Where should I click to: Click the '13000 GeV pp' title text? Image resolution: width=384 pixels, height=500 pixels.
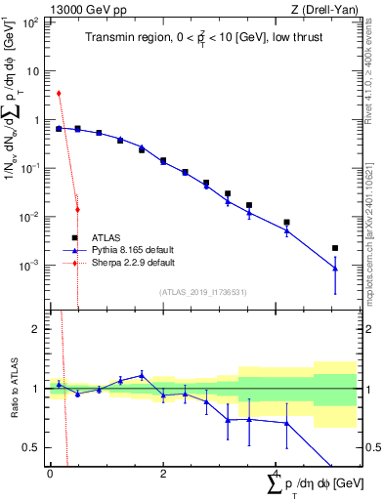tap(83, 9)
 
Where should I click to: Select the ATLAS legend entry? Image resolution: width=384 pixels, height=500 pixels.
tap(106, 237)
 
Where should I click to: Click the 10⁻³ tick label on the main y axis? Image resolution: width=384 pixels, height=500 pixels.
tap(29, 266)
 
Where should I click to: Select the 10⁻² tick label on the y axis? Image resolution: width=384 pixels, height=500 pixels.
tap(29, 217)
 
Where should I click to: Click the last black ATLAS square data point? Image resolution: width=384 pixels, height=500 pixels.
tap(335, 248)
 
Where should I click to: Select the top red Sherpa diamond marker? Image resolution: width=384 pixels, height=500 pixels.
tap(59, 94)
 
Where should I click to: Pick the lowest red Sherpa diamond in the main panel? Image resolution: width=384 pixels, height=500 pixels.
tap(77, 210)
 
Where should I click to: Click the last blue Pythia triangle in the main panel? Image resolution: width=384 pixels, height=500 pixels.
tap(335, 268)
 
